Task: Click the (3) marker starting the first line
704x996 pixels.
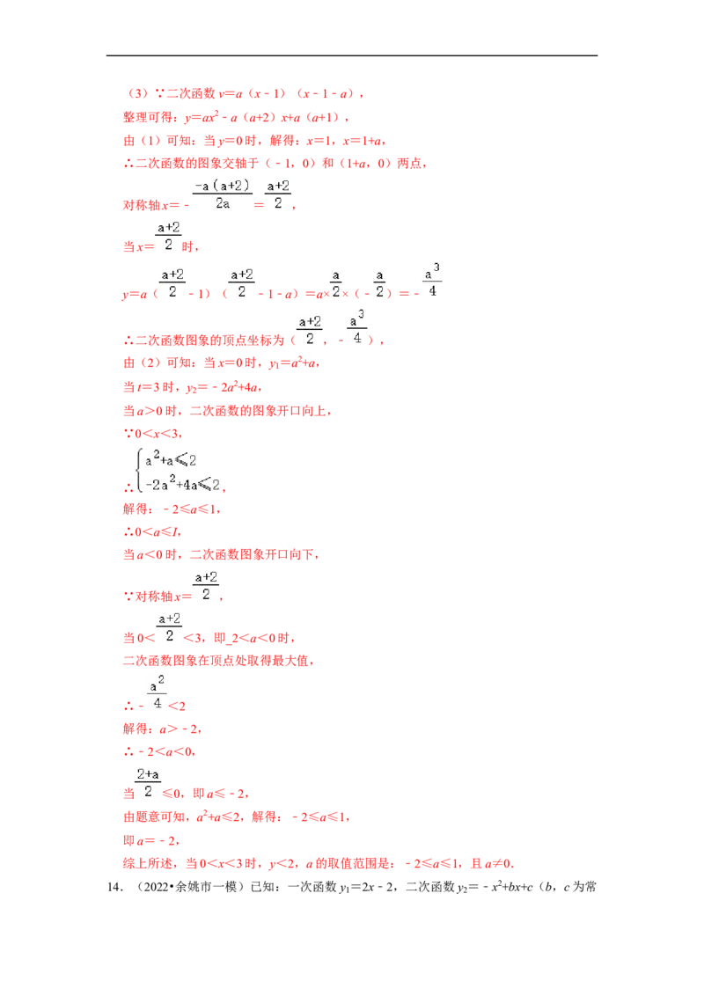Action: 137,93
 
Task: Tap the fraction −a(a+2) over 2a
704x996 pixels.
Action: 222,194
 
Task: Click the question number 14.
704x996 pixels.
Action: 114,887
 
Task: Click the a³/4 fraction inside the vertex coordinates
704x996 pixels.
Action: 357,327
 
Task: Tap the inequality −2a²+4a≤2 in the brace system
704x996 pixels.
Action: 182,484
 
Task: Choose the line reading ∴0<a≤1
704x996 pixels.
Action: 152,532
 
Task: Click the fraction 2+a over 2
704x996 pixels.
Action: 148,782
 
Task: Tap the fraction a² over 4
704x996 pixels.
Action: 157,693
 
